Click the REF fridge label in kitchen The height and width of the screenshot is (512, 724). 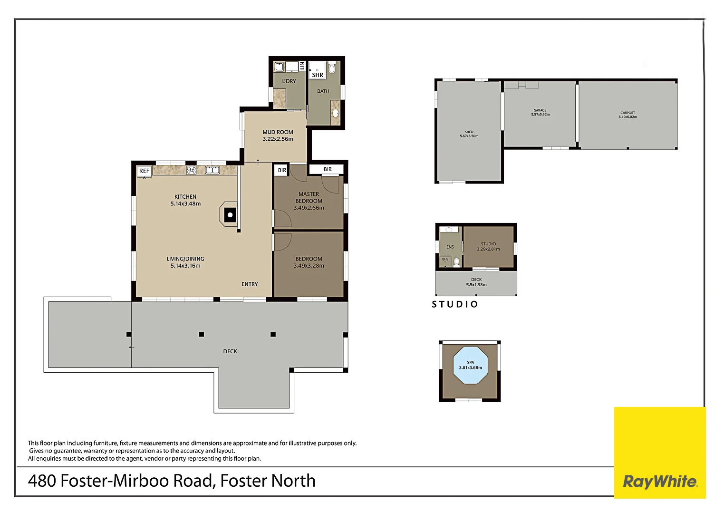point(144,171)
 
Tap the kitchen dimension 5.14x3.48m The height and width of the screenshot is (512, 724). point(185,204)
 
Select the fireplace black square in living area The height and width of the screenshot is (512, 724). point(230,215)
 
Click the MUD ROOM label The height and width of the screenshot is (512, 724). point(278,132)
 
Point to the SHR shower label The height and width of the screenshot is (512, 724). point(318,75)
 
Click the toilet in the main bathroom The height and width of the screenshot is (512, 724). point(332,68)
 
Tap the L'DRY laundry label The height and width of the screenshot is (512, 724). point(289,81)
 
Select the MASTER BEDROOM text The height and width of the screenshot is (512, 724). point(309,197)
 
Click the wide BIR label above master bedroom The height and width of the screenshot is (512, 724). point(328,169)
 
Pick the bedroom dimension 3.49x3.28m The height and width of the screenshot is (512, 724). point(309,266)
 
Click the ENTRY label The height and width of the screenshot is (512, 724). point(250,284)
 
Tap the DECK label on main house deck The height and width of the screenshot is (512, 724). point(230,351)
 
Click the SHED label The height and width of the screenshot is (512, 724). point(469,132)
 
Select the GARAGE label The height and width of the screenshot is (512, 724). point(540,110)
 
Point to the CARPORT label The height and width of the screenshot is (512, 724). point(627,113)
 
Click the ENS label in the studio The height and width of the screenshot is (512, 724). point(450,247)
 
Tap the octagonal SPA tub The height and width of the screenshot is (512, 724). point(470,366)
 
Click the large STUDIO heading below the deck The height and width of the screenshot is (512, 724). point(455,304)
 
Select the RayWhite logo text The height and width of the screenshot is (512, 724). point(660,482)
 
